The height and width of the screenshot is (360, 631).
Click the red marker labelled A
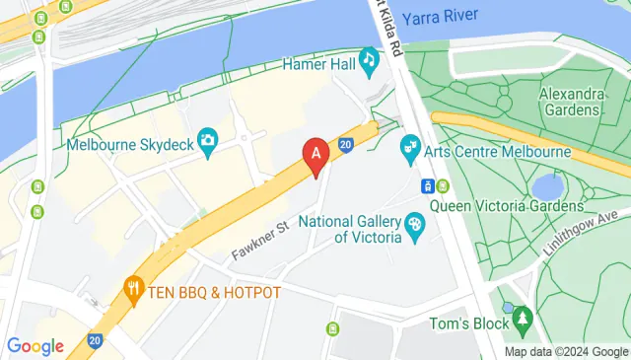[x=315, y=155]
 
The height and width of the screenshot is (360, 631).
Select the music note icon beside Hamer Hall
[x=370, y=60]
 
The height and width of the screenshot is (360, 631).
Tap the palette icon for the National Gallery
[x=415, y=228]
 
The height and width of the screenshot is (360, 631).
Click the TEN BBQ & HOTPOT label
[x=215, y=292]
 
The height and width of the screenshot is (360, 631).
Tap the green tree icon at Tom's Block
[x=522, y=319]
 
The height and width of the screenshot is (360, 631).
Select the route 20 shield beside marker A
[x=346, y=145]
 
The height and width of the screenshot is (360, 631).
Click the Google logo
[x=35, y=345]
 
